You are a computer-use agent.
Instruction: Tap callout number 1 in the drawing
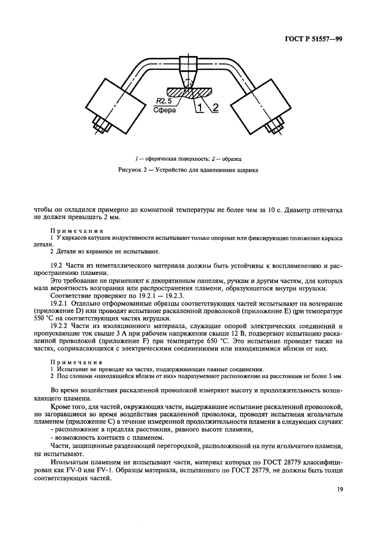pos(198,108)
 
